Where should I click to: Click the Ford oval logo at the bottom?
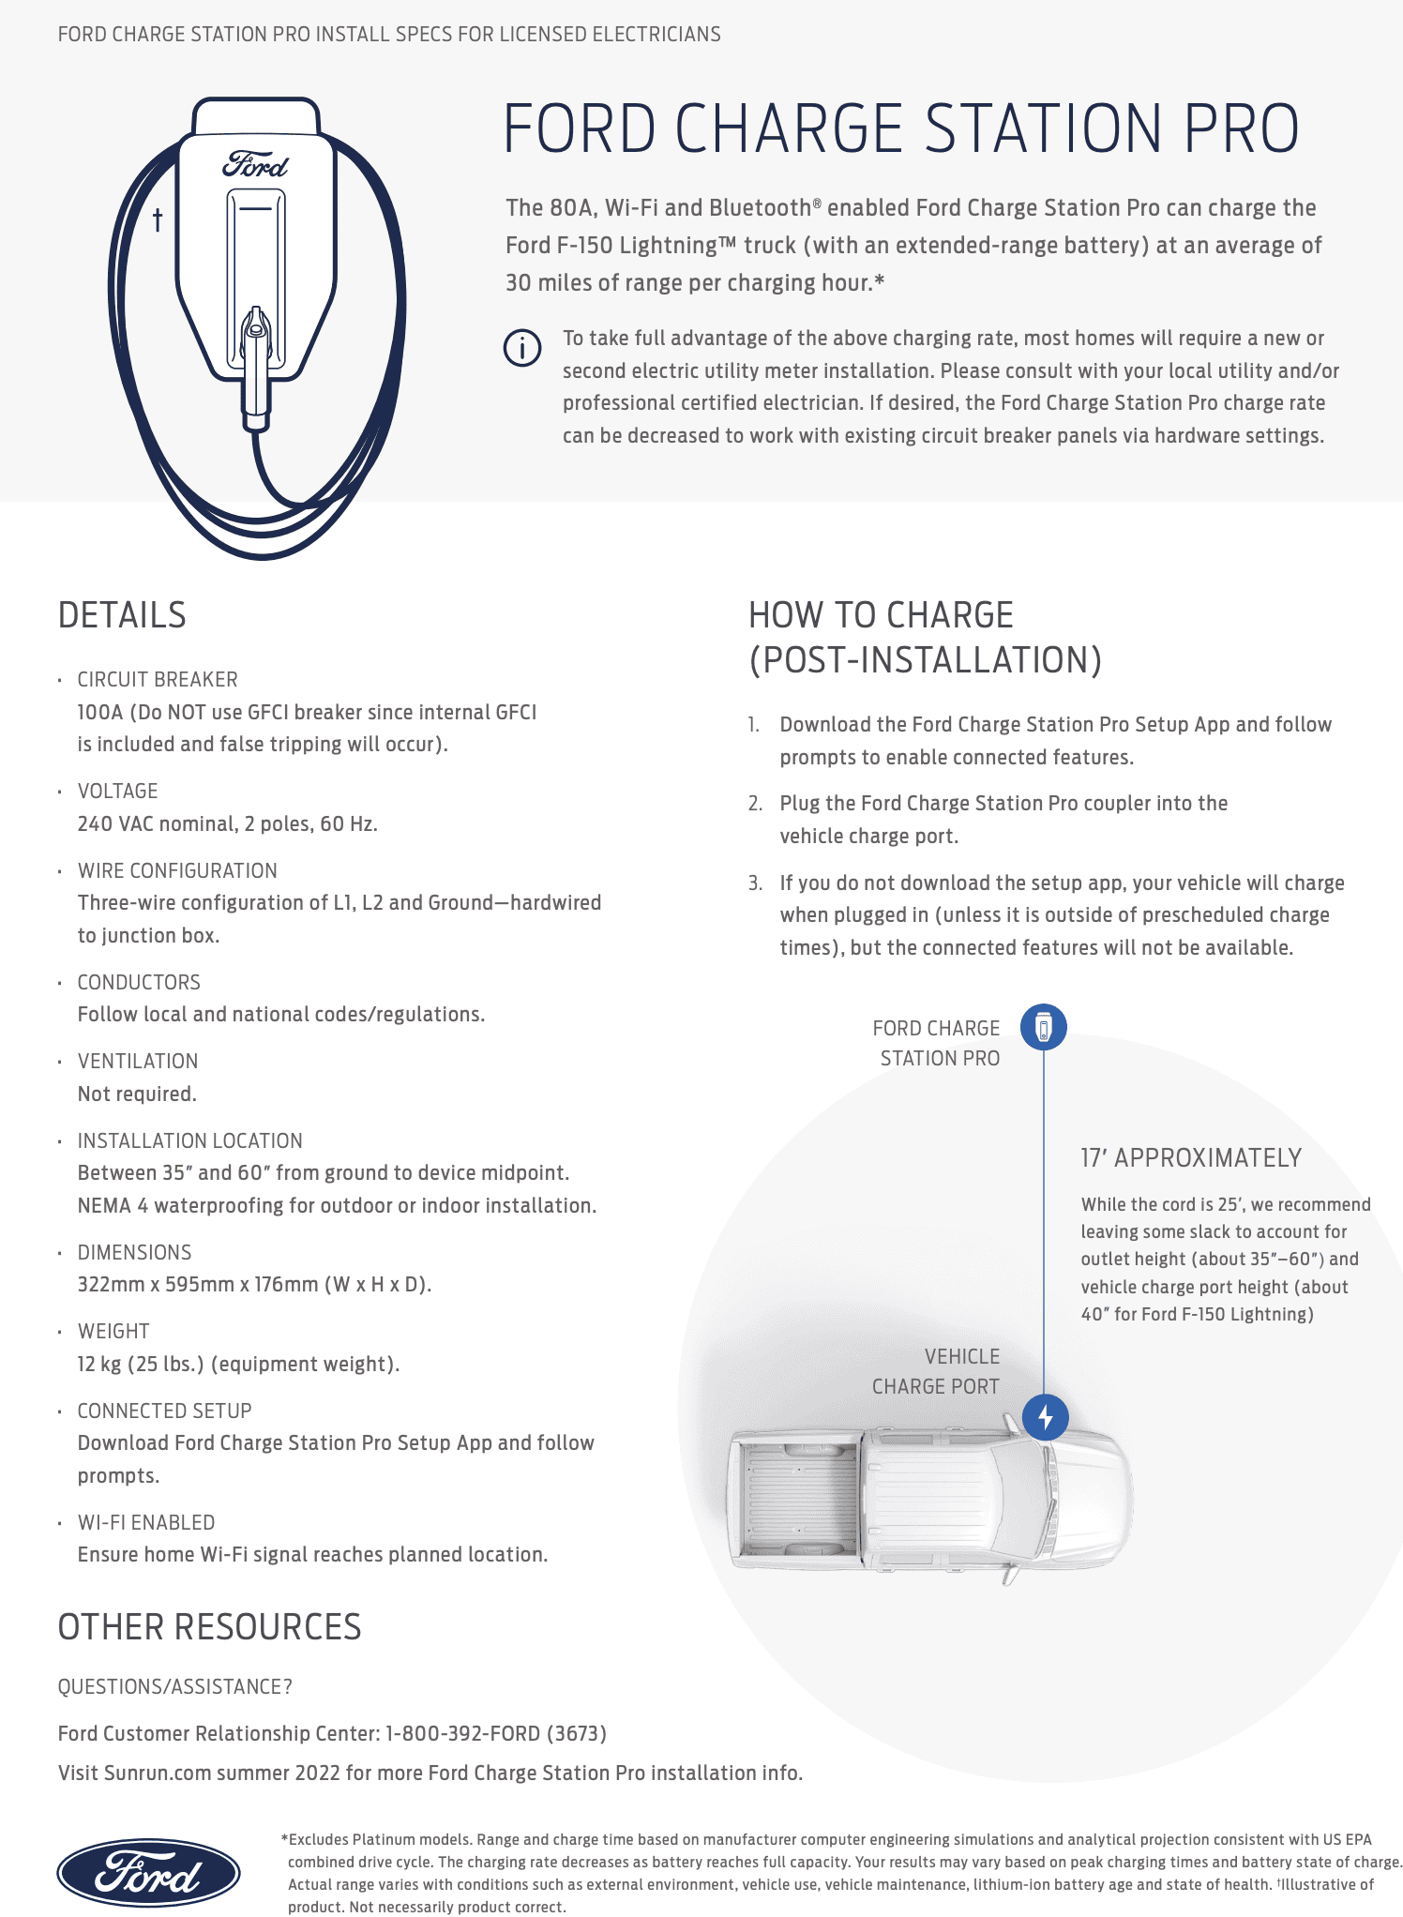148,1872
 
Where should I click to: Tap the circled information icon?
522,347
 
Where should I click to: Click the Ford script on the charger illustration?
255,165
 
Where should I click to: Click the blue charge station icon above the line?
1044,1027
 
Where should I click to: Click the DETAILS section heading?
122,615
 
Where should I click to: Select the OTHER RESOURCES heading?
209,1627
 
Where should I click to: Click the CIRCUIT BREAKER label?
158,679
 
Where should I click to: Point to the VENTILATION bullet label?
138,1061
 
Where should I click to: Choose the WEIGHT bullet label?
113,1331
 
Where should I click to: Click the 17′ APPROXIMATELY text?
1191,1158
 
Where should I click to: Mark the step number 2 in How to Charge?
755,804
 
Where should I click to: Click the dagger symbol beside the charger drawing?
158,220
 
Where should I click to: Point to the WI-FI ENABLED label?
146,1522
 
